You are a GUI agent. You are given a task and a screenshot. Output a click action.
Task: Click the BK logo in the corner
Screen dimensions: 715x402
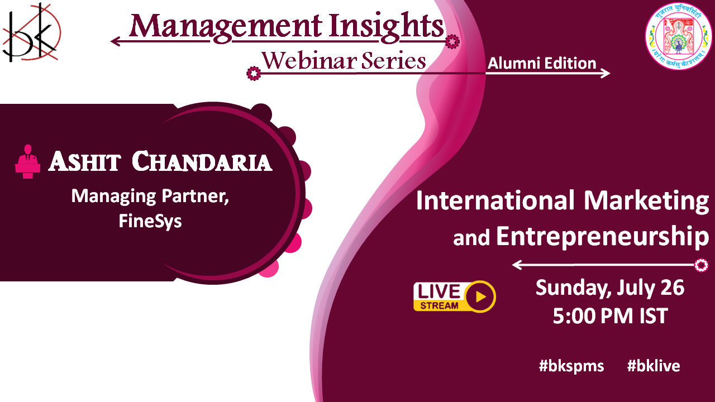[x=31, y=32]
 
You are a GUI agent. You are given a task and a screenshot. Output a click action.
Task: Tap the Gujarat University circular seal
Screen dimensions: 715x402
[x=679, y=36]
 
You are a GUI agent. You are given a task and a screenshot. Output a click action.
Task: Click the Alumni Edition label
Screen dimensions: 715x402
[x=542, y=63]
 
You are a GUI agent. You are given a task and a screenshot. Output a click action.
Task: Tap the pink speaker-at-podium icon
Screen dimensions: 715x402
[x=28, y=161]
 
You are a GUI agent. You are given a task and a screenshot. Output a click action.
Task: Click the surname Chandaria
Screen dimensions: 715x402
[x=202, y=161]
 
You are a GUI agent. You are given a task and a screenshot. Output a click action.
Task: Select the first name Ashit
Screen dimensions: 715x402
[x=84, y=161]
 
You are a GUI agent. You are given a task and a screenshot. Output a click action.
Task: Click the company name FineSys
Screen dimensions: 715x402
[x=150, y=221]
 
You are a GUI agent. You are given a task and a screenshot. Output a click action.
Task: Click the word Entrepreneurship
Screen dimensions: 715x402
[x=603, y=237]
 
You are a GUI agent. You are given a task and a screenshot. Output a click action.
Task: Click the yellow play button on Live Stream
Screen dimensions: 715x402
[x=479, y=296]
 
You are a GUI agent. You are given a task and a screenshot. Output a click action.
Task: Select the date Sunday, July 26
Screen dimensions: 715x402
[x=610, y=288]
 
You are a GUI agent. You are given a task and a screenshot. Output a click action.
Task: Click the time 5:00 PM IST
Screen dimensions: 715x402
[x=611, y=316]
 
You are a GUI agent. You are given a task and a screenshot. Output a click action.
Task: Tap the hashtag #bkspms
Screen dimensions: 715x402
[x=571, y=366]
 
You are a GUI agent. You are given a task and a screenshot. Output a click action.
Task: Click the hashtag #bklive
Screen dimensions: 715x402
[x=654, y=366]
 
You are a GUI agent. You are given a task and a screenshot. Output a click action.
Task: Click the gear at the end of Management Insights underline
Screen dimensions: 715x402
[x=452, y=41]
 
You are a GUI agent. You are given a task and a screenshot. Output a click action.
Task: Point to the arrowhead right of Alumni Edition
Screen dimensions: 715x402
[x=605, y=73]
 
